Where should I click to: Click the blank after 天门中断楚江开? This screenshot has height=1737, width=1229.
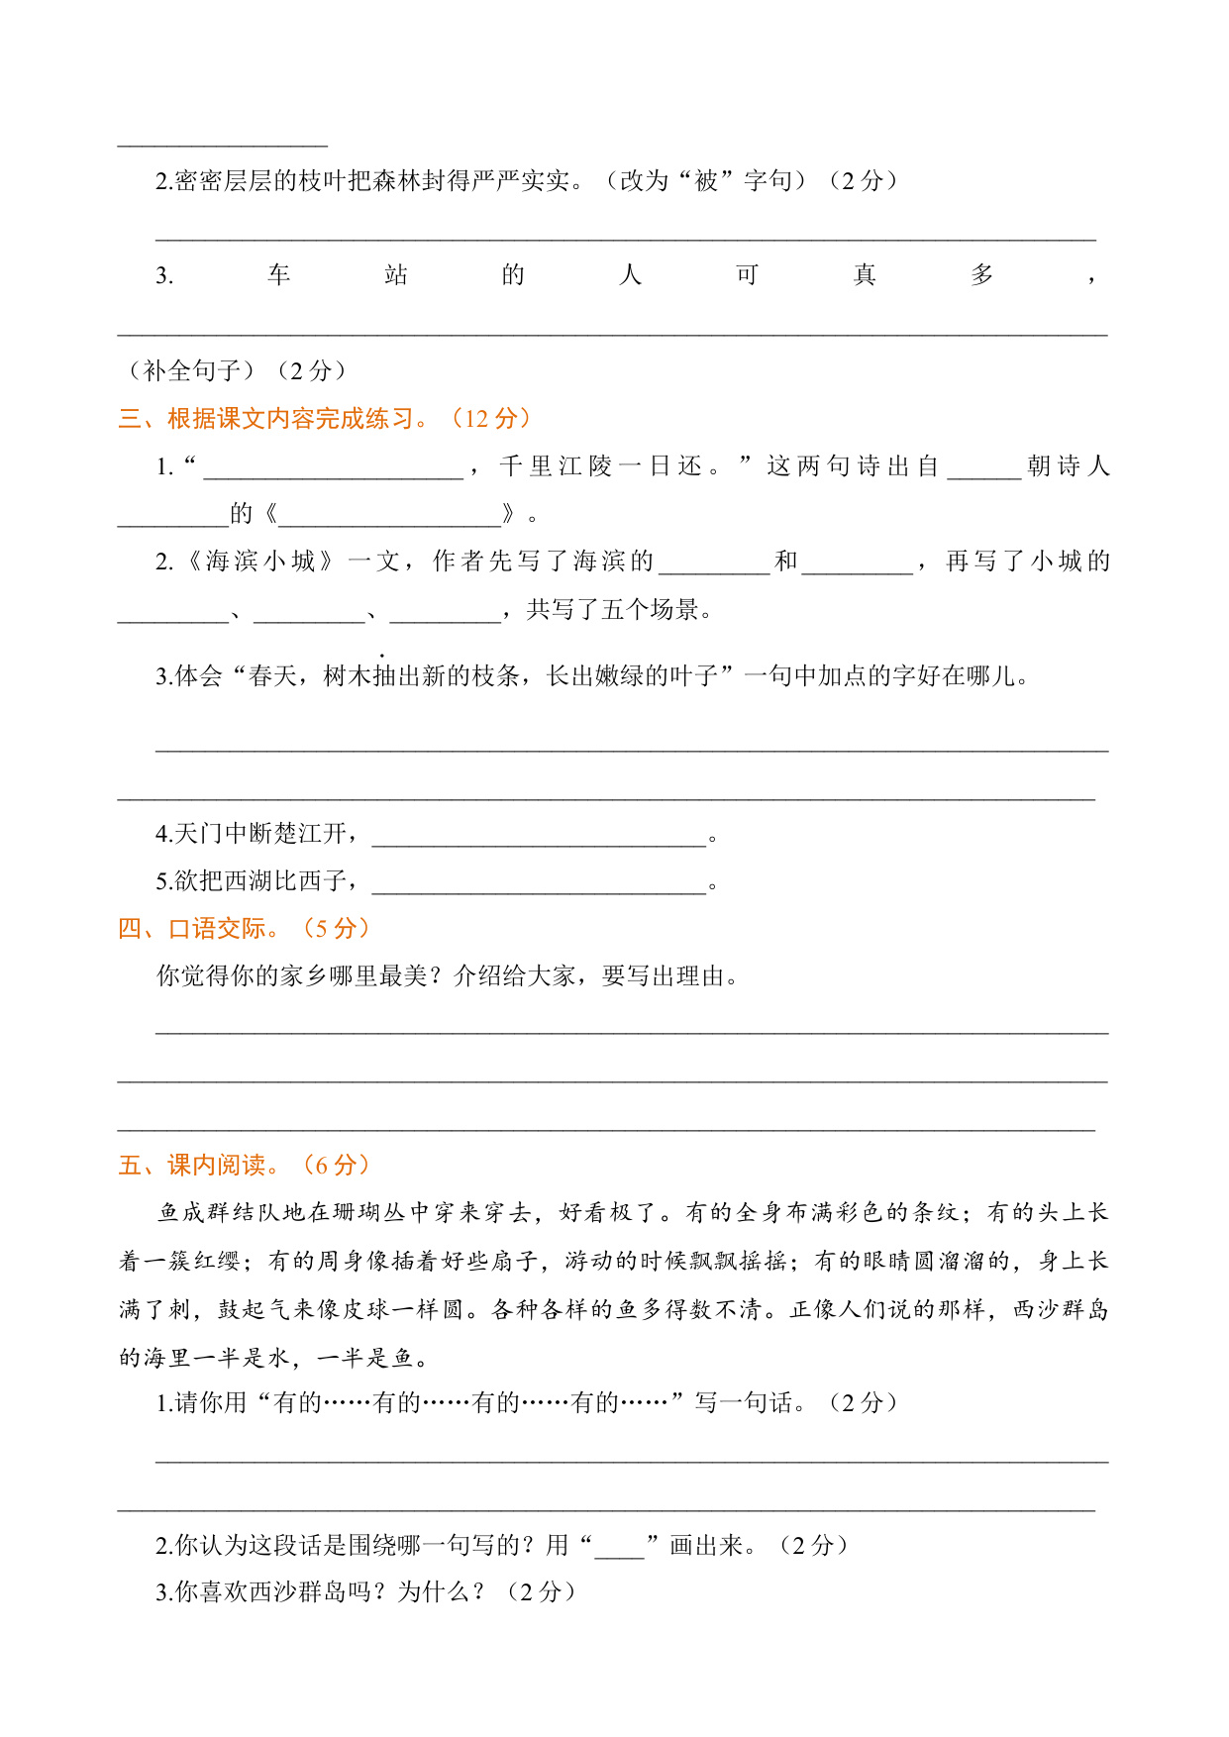(539, 835)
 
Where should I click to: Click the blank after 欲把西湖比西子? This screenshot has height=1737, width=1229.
(539, 882)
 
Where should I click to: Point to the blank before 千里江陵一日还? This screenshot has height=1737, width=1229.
(333, 467)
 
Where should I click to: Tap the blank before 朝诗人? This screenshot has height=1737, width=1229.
(983, 467)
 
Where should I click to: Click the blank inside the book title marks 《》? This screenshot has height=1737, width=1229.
(390, 515)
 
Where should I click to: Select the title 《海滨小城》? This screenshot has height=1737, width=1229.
(260, 562)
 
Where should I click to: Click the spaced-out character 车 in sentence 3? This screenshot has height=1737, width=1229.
(278, 275)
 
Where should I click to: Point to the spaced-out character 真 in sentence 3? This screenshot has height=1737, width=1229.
(865, 275)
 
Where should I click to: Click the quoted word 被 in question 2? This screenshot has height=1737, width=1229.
(706, 181)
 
